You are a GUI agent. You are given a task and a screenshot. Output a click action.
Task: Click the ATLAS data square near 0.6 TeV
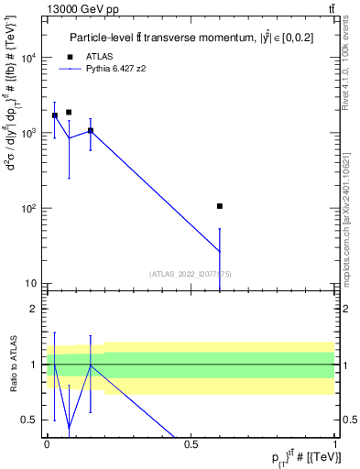220,207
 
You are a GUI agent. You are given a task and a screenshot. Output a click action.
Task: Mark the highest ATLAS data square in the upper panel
69,113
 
